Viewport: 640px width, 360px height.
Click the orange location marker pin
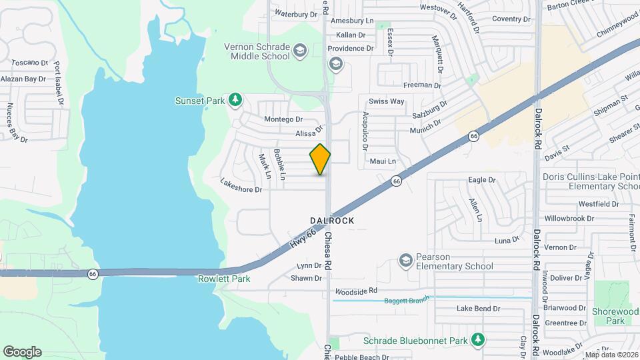(321, 159)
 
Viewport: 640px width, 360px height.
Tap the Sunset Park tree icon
(235, 100)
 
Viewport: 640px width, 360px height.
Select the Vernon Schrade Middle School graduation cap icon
(301, 50)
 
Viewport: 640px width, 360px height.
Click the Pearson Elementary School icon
(405, 259)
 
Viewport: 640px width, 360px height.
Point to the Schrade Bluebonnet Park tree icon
(477, 340)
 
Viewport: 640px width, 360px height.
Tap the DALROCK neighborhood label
(332, 220)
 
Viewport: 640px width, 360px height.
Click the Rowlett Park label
(224, 279)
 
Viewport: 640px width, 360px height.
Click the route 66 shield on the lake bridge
(93, 273)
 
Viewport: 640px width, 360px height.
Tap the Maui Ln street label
(383, 161)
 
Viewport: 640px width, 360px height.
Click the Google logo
(22, 351)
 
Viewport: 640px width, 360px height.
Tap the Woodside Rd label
(356, 291)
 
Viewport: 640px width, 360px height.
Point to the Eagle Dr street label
(482, 180)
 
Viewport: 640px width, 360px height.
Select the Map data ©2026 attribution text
(611, 355)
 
